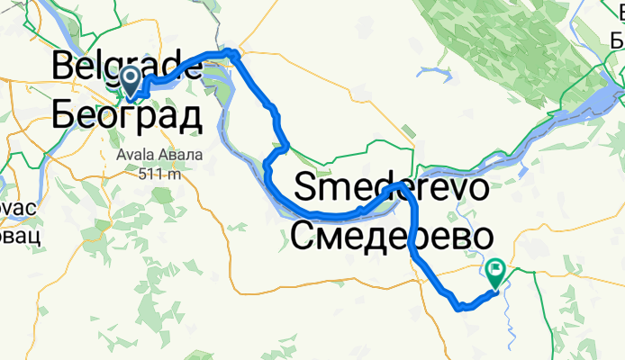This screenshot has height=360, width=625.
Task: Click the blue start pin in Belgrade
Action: (130, 79)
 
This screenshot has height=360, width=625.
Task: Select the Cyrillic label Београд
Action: (126, 114)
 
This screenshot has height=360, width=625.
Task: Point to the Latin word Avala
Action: (135, 154)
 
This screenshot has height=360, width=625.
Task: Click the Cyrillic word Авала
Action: (181, 154)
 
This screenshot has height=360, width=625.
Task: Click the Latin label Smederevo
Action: (392, 190)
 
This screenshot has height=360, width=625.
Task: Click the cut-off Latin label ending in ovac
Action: (16, 207)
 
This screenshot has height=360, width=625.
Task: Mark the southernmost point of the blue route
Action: (461, 308)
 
